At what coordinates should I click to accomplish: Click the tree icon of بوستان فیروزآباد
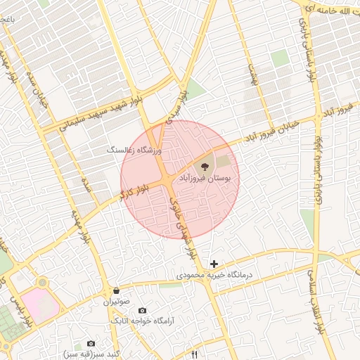pyautogui.click(x=204, y=167)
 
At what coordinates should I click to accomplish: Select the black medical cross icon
pyautogui.click(x=214, y=264)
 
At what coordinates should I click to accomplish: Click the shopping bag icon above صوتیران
pyautogui.click(x=115, y=290)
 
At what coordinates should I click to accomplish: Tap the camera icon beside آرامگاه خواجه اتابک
pyautogui.click(x=143, y=310)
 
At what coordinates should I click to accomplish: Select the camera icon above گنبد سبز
pyautogui.click(x=91, y=342)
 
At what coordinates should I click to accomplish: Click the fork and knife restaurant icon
pyautogui.click(x=195, y=354)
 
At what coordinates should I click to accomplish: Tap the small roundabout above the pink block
pyautogui.click(x=43, y=283)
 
